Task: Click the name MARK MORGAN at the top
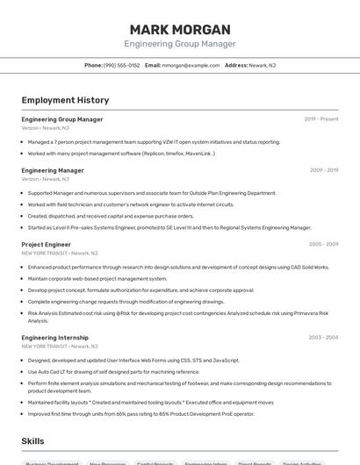[x=180, y=29]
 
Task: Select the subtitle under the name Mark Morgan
[x=180, y=44]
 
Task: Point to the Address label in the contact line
[x=236, y=66]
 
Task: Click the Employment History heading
[x=65, y=100]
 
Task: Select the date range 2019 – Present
[x=320, y=119]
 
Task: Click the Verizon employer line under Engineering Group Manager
[x=46, y=128]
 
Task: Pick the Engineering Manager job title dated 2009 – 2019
[x=53, y=170]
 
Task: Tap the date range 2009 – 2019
[x=323, y=170]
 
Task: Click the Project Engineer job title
[x=47, y=245]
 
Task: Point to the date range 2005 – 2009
[x=323, y=245]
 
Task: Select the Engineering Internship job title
[x=55, y=338]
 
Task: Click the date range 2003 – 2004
[x=323, y=338]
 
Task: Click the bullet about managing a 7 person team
[x=154, y=142]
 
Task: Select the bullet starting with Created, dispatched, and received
[x=111, y=216]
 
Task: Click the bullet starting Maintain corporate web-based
[x=97, y=278]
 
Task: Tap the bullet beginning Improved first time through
[x=140, y=414]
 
